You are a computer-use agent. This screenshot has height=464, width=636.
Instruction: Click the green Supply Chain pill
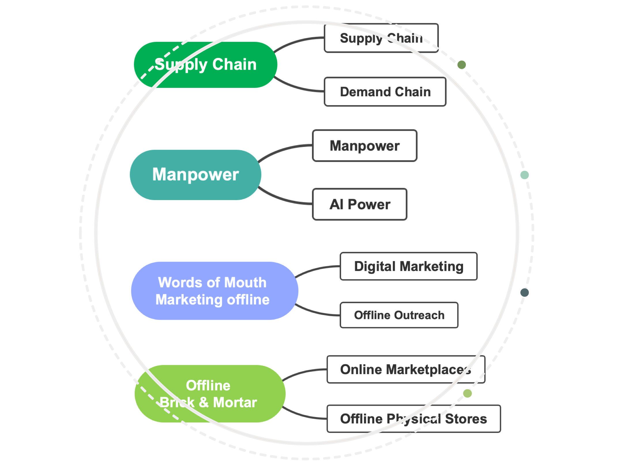click(205, 65)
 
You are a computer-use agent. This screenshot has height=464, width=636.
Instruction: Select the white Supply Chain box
click(381, 38)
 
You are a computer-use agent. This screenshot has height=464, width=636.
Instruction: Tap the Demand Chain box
click(385, 92)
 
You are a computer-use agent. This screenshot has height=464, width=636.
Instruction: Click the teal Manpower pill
click(195, 175)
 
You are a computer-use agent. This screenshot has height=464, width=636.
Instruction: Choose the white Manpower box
click(364, 146)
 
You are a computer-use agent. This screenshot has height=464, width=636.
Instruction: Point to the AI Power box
click(360, 204)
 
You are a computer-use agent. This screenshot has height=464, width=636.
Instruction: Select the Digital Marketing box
click(408, 266)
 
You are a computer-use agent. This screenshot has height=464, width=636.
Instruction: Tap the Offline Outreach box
click(399, 315)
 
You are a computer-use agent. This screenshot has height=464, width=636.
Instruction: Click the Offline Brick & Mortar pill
click(210, 394)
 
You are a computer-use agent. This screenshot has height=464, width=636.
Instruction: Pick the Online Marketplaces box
click(405, 369)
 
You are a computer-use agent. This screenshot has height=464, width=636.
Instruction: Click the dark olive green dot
click(462, 65)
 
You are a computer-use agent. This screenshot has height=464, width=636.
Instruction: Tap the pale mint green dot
click(524, 175)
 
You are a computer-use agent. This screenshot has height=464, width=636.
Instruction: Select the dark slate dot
click(524, 293)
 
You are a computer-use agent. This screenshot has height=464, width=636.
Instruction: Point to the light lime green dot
click(467, 393)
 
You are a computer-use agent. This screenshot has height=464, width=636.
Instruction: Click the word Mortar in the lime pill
click(235, 402)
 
